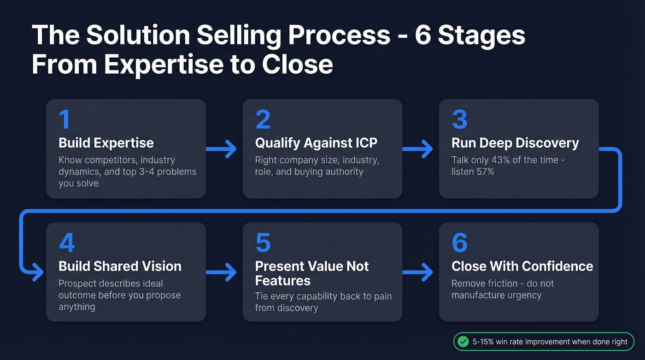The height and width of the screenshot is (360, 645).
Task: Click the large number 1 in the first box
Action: [64, 119]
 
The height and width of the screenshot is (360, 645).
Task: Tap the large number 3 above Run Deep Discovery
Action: [459, 119]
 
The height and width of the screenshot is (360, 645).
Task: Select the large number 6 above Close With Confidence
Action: [459, 242]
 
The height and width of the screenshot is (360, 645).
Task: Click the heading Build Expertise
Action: [106, 143]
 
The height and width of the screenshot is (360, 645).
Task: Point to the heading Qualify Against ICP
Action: [316, 143]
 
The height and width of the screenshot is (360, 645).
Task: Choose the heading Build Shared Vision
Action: [120, 266]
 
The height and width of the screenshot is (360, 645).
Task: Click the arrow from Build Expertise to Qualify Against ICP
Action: [221, 149]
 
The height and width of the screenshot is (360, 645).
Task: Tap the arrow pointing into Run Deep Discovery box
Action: [417, 149]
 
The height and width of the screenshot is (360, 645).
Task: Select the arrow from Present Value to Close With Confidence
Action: [417, 272]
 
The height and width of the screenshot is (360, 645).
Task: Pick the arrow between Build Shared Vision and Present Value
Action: [221, 272]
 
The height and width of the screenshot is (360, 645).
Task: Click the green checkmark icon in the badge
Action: [462, 342]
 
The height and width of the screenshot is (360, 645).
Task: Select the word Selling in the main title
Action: [223, 36]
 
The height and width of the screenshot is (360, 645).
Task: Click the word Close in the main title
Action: [297, 65]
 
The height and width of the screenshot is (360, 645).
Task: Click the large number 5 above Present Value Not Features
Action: [263, 242]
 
